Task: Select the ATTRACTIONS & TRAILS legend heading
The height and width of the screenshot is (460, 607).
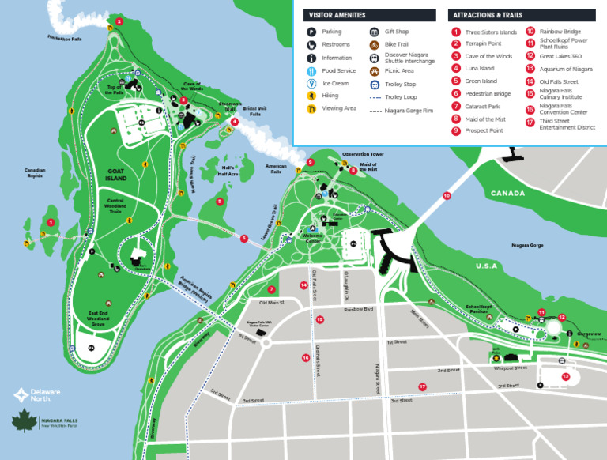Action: pos(488,15)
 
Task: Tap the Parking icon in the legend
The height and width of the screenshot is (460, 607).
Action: pos(311,32)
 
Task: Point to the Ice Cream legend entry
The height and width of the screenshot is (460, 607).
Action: pos(334,83)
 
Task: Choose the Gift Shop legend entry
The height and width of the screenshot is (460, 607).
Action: pos(396,32)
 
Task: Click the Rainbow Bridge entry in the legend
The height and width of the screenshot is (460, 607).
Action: pos(559,32)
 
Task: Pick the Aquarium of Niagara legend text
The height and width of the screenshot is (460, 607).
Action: pos(566,69)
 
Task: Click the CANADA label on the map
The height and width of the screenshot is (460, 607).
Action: pos(507,194)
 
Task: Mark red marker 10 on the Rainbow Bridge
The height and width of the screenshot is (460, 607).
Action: pos(447,195)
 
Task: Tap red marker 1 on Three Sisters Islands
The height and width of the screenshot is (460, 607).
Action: pos(51,222)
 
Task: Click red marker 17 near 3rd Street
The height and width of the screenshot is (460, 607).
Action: pos(422,386)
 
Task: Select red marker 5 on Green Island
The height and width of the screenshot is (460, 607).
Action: pos(221,202)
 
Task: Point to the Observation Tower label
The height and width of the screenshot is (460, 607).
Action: pos(363,154)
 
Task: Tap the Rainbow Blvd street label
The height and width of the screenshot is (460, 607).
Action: pos(358,309)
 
